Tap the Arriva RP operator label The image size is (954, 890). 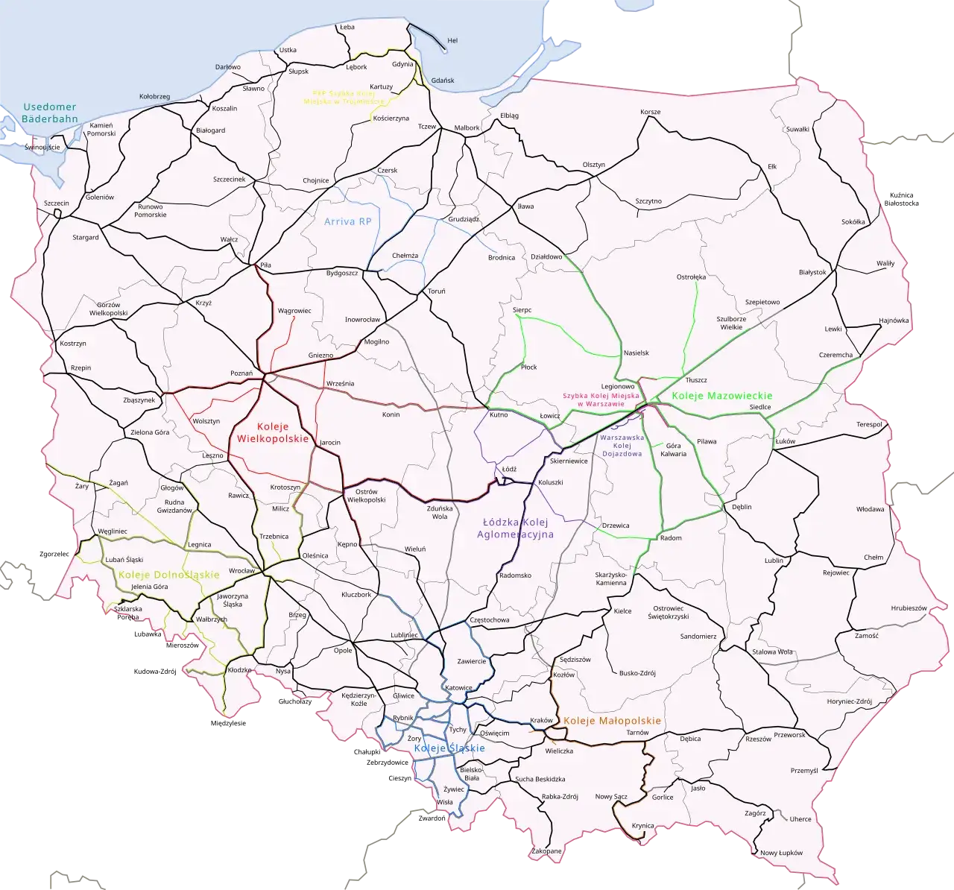tap(347, 221)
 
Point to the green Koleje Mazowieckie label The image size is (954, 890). tap(721, 396)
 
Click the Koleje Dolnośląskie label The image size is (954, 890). tap(168, 575)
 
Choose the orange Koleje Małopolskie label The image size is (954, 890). tap(612, 721)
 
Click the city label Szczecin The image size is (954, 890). tap(57, 203)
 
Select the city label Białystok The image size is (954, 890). tap(812, 273)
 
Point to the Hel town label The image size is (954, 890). tap(452, 40)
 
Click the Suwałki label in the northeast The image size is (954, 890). tap(797, 130)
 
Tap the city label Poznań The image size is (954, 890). tap(242, 373)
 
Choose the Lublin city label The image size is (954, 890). tap(774, 560)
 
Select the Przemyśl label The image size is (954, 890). tap(804, 770)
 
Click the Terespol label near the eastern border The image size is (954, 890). tap(869, 424)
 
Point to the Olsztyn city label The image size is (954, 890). tap(593, 165)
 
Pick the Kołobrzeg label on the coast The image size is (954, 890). tap(155, 97)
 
